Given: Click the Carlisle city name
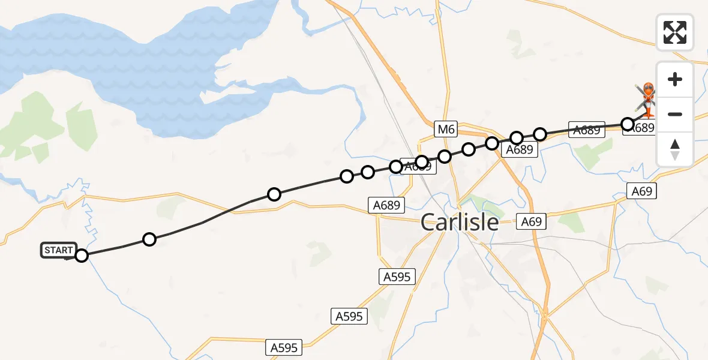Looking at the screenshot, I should pos(460,223).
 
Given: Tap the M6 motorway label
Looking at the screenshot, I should pos(446,129).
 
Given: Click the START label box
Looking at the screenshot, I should pos(59,250).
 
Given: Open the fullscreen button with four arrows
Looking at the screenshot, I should pos(675,32).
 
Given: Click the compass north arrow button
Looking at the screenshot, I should pos(675,149).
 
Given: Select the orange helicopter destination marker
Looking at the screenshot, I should pos(649,96).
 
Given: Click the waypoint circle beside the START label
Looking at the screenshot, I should pos(82,256).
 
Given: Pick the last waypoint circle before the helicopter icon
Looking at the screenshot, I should pos(628,124).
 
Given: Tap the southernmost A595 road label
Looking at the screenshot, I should pos(284,347).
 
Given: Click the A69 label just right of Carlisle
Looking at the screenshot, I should pos(532,222).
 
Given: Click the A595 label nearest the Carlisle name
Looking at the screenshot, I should pos(397,277).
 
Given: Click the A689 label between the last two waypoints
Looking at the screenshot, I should pos(587,130).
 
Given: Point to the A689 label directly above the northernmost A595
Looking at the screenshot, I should pos(386,205).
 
